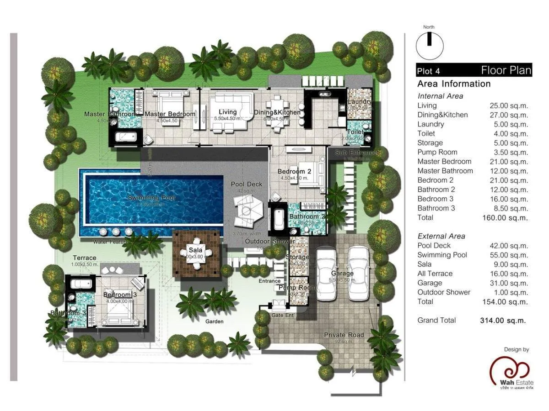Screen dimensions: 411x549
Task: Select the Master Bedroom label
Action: (170, 114)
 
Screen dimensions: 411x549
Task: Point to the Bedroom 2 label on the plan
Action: (294, 172)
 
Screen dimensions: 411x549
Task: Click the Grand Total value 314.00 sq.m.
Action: (503, 320)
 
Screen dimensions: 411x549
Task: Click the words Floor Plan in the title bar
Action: (506, 70)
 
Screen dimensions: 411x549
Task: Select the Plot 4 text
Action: (428, 71)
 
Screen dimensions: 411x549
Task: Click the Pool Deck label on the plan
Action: (247, 184)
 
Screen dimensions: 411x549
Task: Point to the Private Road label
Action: (344, 335)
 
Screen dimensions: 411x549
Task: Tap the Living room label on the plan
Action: (227, 112)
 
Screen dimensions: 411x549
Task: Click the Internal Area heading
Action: (440, 96)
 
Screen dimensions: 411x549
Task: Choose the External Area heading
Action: (441, 236)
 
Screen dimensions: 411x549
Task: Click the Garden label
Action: (214, 321)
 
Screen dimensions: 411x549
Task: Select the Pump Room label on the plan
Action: (297, 288)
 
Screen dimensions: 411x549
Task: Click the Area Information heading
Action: (453, 84)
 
